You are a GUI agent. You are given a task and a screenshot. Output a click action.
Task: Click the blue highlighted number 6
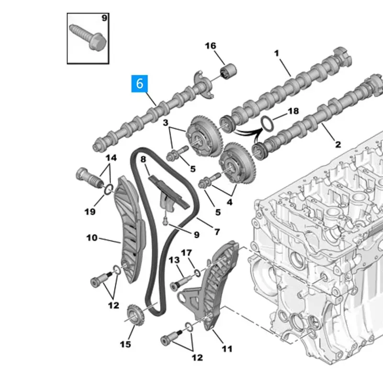(139, 83)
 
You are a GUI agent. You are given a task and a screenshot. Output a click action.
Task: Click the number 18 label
(293, 111)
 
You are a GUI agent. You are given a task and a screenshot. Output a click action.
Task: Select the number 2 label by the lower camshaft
(338, 144)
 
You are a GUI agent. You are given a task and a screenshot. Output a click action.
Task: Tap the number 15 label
(125, 343)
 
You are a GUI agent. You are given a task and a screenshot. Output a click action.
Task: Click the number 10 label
(91, 237)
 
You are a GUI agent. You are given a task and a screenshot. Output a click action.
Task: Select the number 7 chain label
(217, 232)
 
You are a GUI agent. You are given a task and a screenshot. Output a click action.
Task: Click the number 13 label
(173, 260)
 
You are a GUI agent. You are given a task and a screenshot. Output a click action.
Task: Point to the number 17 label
(186, 252)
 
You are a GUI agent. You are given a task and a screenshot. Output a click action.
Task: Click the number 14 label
(111, 158)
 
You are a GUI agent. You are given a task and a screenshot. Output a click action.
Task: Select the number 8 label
(143, 158)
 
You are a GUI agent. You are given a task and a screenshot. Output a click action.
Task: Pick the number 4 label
(230, 202)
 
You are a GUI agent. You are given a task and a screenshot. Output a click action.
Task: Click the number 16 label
(211, 46)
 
